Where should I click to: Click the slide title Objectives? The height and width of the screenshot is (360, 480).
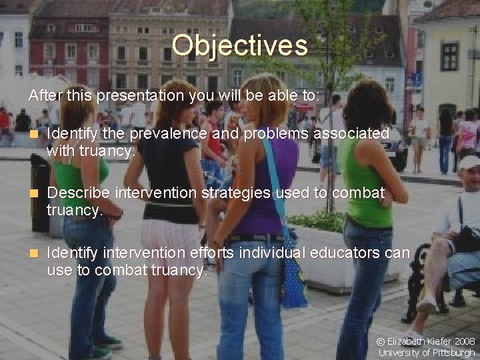[x=239, y=45]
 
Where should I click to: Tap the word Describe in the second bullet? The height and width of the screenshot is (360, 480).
[x=79, y=193]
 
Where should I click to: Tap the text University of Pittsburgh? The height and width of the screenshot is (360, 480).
[x=427, y=353]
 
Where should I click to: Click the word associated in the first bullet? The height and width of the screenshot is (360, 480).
[x=351, y=134]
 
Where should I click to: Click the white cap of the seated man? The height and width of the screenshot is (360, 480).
[x=469, y=162]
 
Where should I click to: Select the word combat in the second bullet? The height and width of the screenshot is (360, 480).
[x=361, y=193]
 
